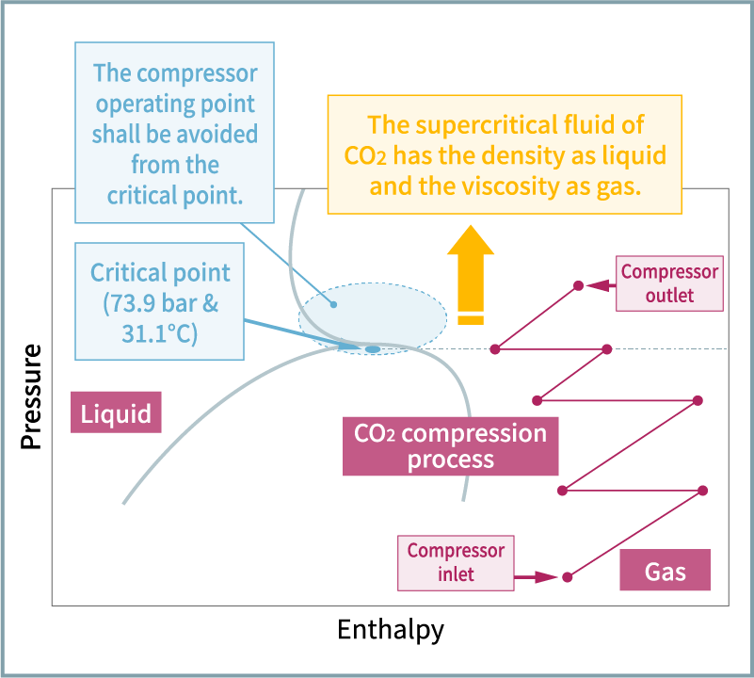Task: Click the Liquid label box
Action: pyautogui.click(x=116, y=414)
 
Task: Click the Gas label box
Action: pyautogui.click(x=665, y=572)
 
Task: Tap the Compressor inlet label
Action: pyautogui.click(x=456, y=562)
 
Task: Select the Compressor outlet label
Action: pyautogui.click(x=669, y=283)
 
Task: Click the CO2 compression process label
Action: pyautogui.click(x=449, y=446)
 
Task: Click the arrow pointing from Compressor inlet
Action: pyautogui.click(x=537, y=576)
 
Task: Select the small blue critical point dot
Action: pyautogui.click(x=373, y=349)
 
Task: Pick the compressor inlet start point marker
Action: pyautogui.click(x=567, y=577)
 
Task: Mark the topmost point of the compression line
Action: pyautogui.click(x=578, y=284)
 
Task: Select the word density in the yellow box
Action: pyautogui.click(x=505, y=155)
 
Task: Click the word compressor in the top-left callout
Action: pyautogui.click(x=196, y=73)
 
